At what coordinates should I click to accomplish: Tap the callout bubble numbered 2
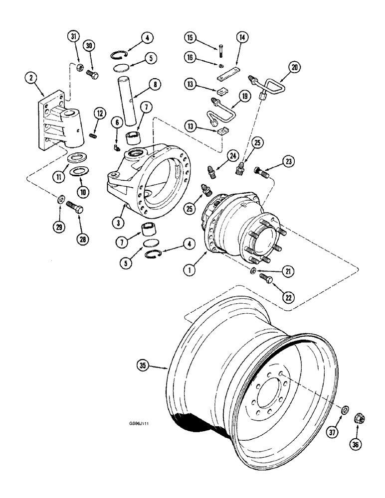[x=32, y=78]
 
